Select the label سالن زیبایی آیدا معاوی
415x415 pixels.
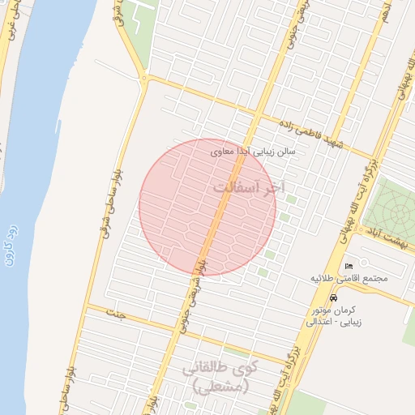(x=253, y=152)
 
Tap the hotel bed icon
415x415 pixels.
(x=349, y=267)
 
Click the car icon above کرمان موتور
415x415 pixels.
(x=333, y=298)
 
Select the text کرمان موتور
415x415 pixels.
(x=333, y=310)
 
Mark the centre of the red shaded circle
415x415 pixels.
(x=207, y=207)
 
